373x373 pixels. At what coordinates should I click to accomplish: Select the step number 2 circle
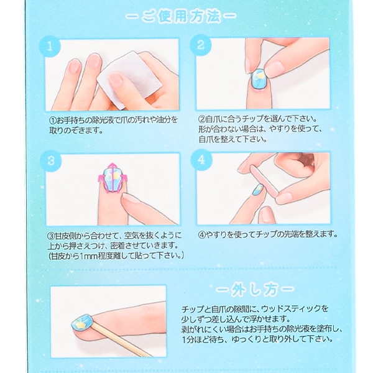(x=202, y=45)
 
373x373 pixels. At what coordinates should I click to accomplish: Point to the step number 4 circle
(x=202, y=160)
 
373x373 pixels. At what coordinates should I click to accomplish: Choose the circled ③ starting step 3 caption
(x=53, y=235)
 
